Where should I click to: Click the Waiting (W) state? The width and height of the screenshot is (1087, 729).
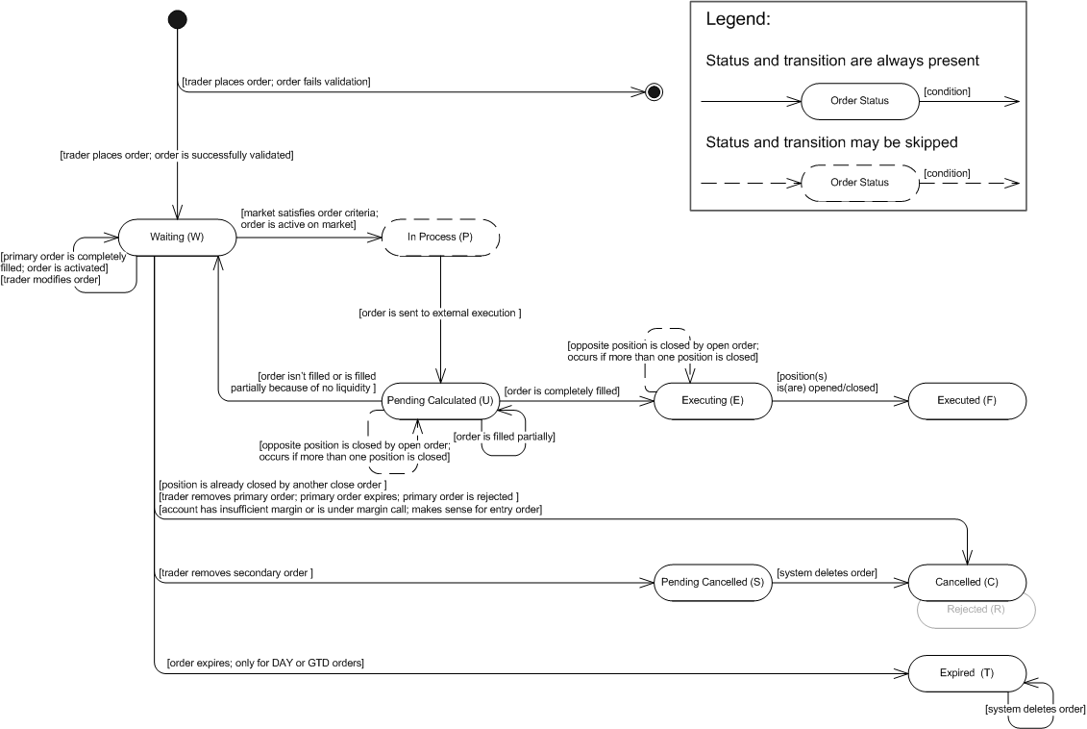click(x=178, y=238)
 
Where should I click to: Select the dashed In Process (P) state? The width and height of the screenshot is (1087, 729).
click(x=441, y=238)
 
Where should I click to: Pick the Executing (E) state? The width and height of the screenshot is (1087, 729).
click(x=712, y=401)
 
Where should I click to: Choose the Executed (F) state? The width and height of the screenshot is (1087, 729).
click(x=967, y=401)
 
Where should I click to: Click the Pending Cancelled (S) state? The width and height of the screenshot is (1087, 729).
click(x=712, y=583)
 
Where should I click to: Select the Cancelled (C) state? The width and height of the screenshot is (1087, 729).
click(x=967, y=583)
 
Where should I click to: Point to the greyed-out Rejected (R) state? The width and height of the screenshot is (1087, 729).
click(x=976, y=611)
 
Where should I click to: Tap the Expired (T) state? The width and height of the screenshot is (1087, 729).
click(x=967, y=673)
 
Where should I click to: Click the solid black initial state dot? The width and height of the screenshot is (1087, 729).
click(x=178, y=19)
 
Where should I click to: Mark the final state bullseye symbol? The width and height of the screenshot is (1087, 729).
click(x=654, y=91)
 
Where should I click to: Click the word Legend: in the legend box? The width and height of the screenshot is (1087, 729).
click(x=737, y=18)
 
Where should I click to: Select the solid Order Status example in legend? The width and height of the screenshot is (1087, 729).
click(x=860, y=101)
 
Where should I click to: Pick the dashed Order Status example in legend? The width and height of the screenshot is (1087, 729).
click(x=860, y=183)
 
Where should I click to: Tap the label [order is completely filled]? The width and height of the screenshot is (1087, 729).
click(x=562, y=391)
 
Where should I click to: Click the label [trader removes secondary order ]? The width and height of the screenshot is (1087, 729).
click(x=235, y=573)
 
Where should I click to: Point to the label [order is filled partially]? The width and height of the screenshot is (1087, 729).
click(x=504, y=437)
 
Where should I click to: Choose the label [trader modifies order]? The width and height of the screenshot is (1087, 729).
click(x=51, y=280)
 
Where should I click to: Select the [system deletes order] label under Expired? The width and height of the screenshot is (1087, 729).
click(x=1035, y=709)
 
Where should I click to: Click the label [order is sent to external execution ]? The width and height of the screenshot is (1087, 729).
click(x=440, y=313)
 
